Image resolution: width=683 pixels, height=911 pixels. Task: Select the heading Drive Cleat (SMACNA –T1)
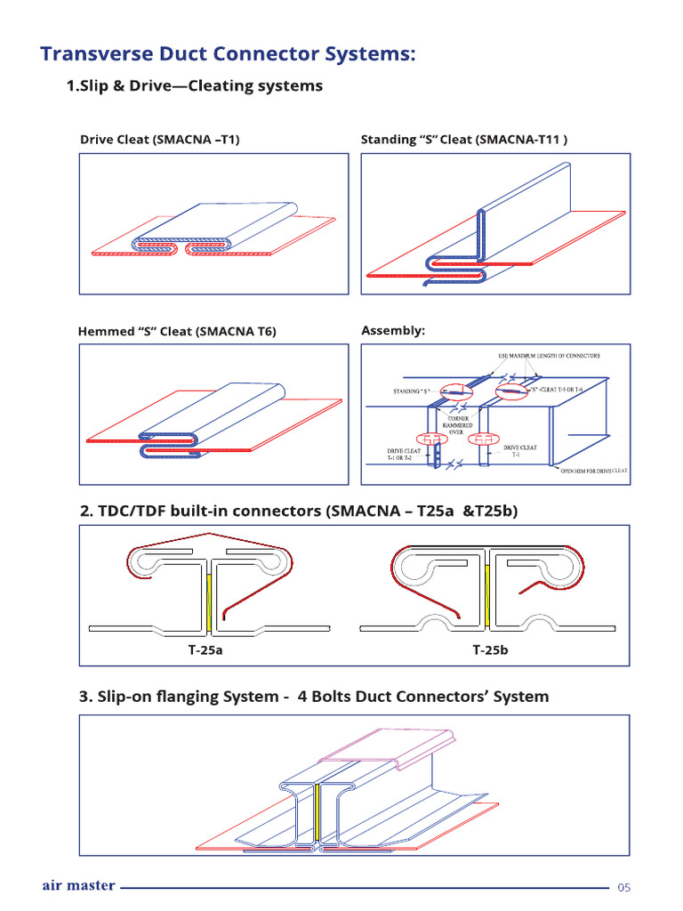[x=160, y=140]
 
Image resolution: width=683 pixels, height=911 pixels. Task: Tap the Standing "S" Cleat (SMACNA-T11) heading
[x=463, y=140]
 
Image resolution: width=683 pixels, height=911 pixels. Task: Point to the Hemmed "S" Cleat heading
[x=177, y=332]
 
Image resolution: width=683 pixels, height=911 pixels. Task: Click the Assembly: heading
[x=393, y=330]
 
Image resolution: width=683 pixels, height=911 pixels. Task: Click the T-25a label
[x=205, y=650]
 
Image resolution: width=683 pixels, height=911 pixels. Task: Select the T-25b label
[x=490, y=650]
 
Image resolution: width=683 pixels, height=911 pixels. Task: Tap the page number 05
[x=623, y=888]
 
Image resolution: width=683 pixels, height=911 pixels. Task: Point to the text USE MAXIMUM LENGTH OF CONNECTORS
[x=548, y=356]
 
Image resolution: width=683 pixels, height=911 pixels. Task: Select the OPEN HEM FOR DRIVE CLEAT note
[x=593, y=470]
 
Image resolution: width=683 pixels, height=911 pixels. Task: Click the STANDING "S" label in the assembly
[x=412, y=391]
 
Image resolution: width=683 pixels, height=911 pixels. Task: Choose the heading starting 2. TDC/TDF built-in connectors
[x=298, y=511]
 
